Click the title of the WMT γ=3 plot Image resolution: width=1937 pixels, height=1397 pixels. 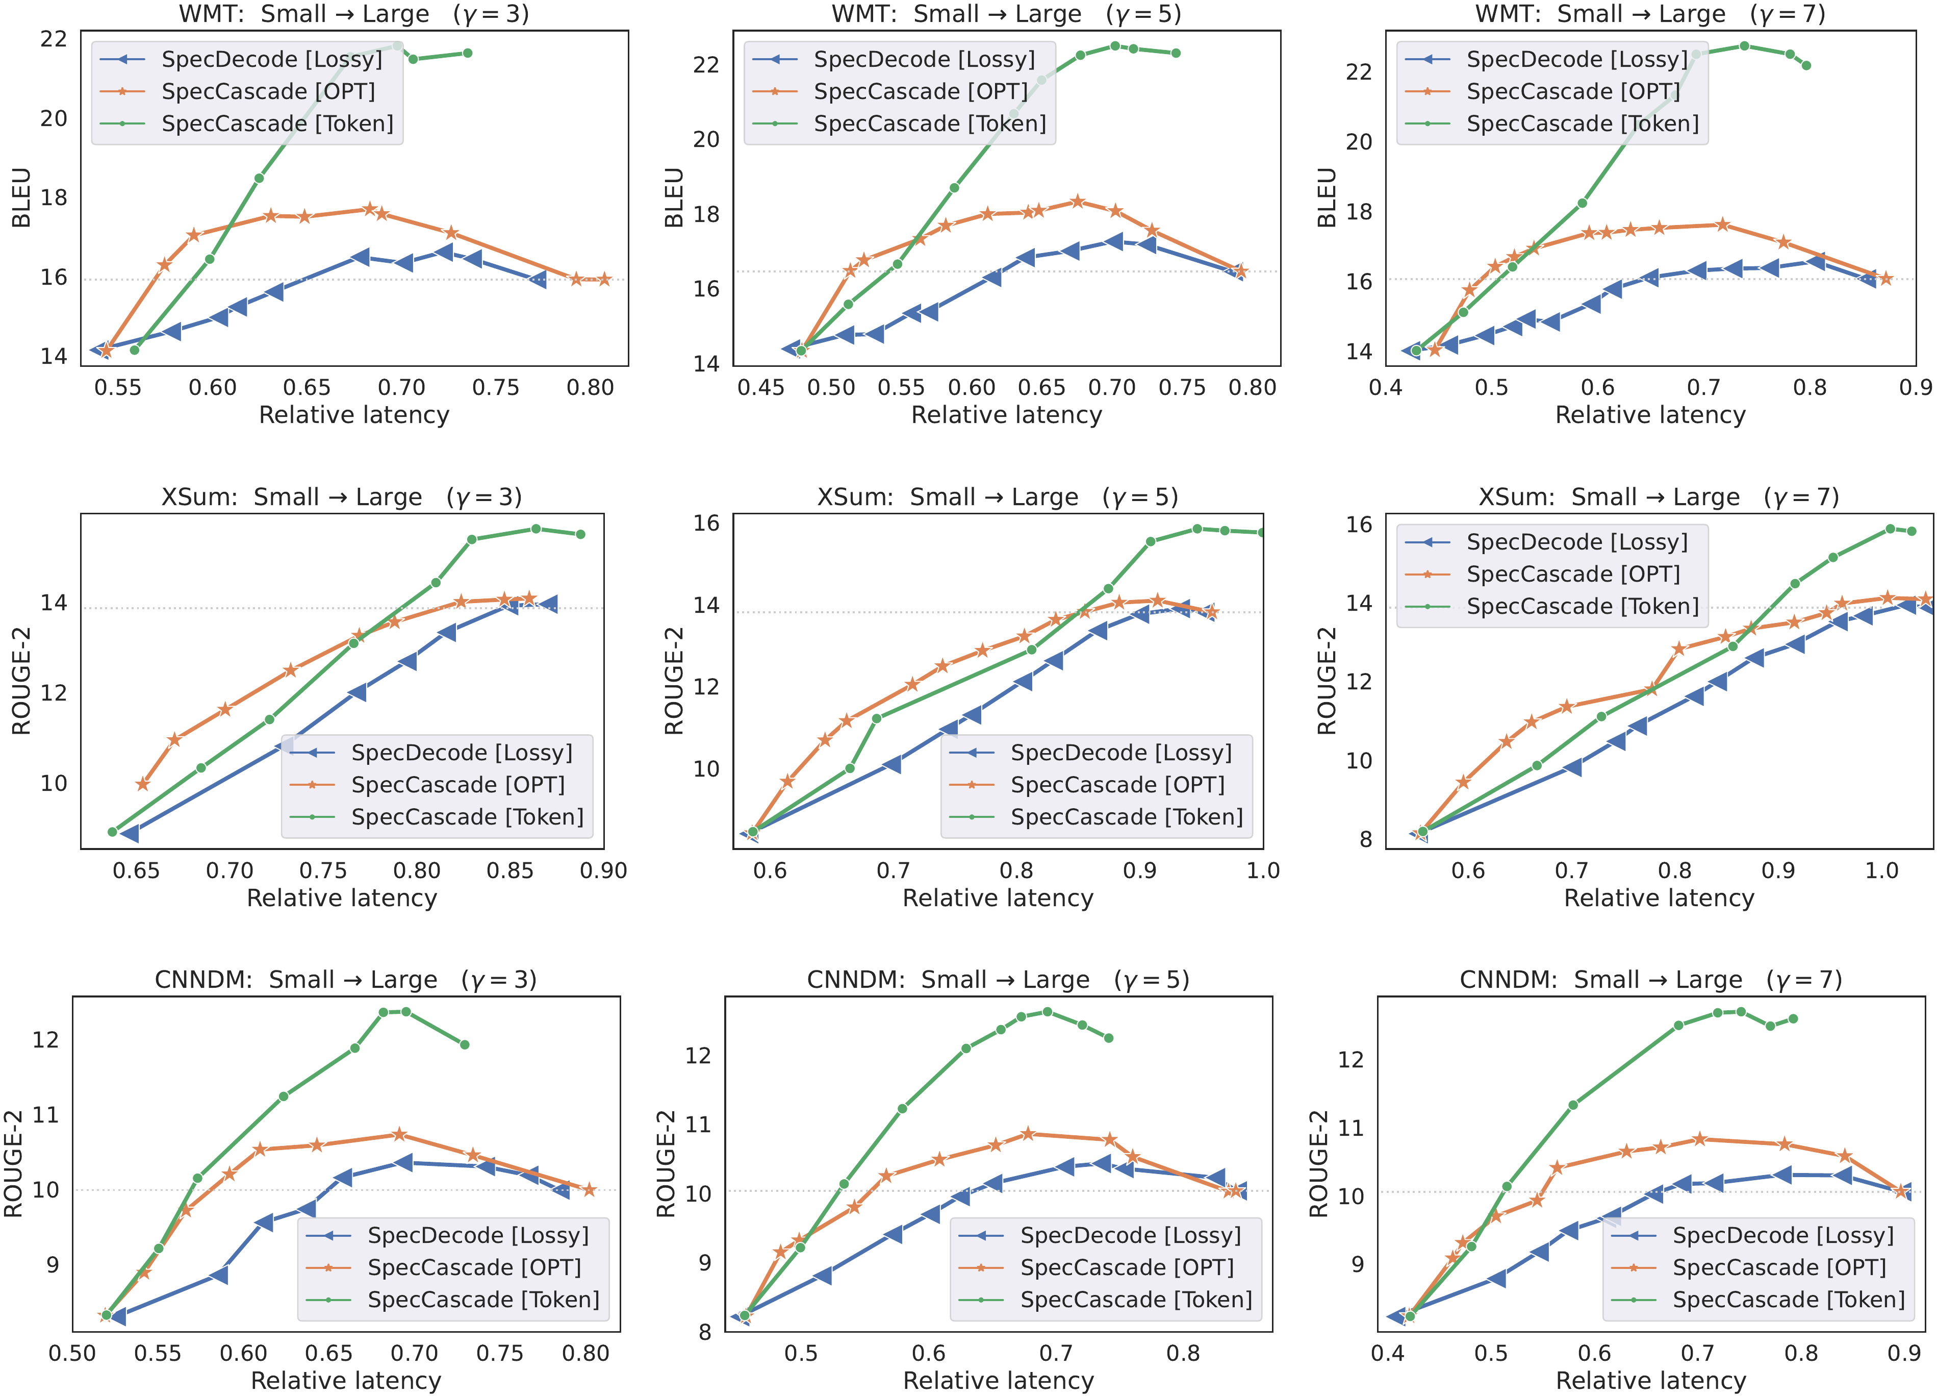353,14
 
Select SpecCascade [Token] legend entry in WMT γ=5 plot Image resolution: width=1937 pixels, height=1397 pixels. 929,124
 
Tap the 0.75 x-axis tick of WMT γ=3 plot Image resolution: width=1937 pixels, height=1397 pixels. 495,388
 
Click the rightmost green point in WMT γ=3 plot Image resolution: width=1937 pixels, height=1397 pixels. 467,53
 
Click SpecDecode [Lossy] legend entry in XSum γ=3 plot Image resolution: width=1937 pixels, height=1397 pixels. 461,753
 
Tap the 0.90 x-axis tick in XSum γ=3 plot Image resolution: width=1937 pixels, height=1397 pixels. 603,870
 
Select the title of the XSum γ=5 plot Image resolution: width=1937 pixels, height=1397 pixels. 998,497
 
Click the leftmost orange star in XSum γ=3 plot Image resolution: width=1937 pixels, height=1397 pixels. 143,784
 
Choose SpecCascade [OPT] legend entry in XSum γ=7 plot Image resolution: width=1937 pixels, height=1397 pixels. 1572,574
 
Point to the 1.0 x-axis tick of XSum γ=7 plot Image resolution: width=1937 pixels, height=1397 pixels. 1881,870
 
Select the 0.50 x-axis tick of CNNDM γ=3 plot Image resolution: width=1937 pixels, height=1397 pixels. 72,1354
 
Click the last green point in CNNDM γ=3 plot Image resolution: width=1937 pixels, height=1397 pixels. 465,1044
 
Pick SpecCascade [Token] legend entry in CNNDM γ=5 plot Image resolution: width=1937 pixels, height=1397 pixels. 1135,1300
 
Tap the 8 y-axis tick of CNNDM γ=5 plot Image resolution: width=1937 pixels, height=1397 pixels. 705,1333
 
